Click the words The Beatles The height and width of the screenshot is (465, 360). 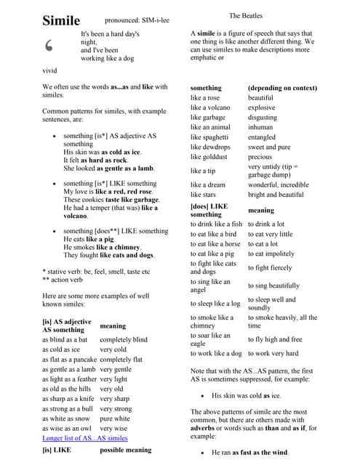(246, 15)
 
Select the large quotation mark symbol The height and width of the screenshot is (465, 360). (49, 46)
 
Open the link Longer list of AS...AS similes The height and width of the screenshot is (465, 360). (85, 438)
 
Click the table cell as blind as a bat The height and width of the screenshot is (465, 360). (65, 339)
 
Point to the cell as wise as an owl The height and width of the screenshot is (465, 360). (66, 429)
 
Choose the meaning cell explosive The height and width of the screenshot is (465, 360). (261, 108)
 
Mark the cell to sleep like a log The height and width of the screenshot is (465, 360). (215, 304)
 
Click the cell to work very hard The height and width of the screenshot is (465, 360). (273, 353)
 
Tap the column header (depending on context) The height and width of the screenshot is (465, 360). (282, 88)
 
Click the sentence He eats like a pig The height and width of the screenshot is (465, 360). (92, 239)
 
